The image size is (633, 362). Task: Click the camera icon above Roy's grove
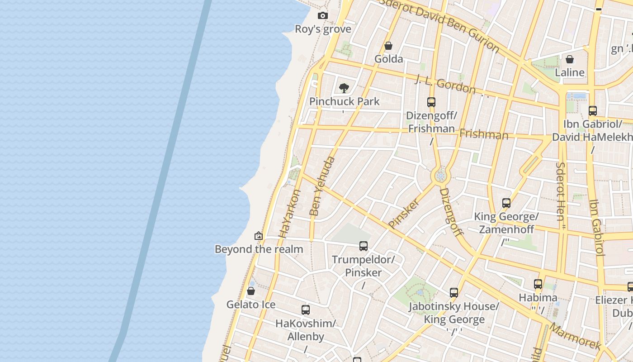tap(322, 16)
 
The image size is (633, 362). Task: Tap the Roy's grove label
tap(323, 29)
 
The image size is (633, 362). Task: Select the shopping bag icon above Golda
tap(388, 46)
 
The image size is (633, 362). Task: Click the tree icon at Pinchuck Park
tap(344, 88)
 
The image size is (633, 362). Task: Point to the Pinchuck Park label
tap(345, 101)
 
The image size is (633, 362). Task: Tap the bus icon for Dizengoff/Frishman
tap(431, 102)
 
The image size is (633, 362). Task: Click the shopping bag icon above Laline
tap(570, 59)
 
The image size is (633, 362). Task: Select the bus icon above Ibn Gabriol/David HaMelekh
tap(592, 111)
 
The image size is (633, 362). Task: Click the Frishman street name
tap(484, 134)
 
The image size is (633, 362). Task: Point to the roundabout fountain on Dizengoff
tap(440, 176)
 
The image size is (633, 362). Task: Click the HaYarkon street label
tap(290, 214)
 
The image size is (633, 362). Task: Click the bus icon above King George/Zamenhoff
tap(506, 203)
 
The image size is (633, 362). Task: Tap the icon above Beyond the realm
tap(259, 236)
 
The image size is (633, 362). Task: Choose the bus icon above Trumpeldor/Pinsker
tap(364, 246)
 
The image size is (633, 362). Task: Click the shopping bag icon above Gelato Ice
tap(251, 291)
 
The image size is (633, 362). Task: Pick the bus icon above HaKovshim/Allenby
tap(306, 310)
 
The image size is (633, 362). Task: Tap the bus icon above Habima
tap(538, 284)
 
